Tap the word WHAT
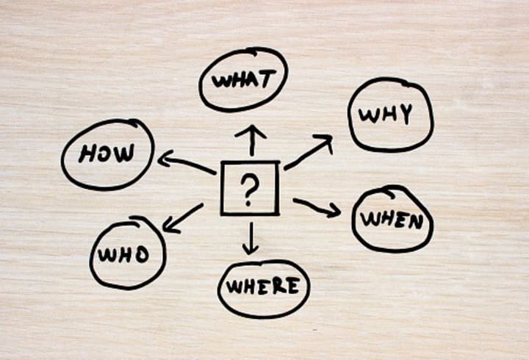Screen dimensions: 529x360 click(243, 79)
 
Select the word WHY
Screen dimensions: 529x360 click(386, 115)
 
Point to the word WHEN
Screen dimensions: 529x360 click(392, 219)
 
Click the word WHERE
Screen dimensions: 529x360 click(262, 286)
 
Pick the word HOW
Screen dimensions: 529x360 click(107, 154)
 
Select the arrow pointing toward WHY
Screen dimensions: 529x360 click(309, 153)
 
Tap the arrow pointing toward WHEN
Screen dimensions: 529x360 click(317, 206)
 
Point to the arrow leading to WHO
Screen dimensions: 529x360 click(181, 217)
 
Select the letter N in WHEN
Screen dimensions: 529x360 click(414, 220)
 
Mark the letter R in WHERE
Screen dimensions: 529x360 click(280, 286)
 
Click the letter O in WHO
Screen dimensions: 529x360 click(141, 254)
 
